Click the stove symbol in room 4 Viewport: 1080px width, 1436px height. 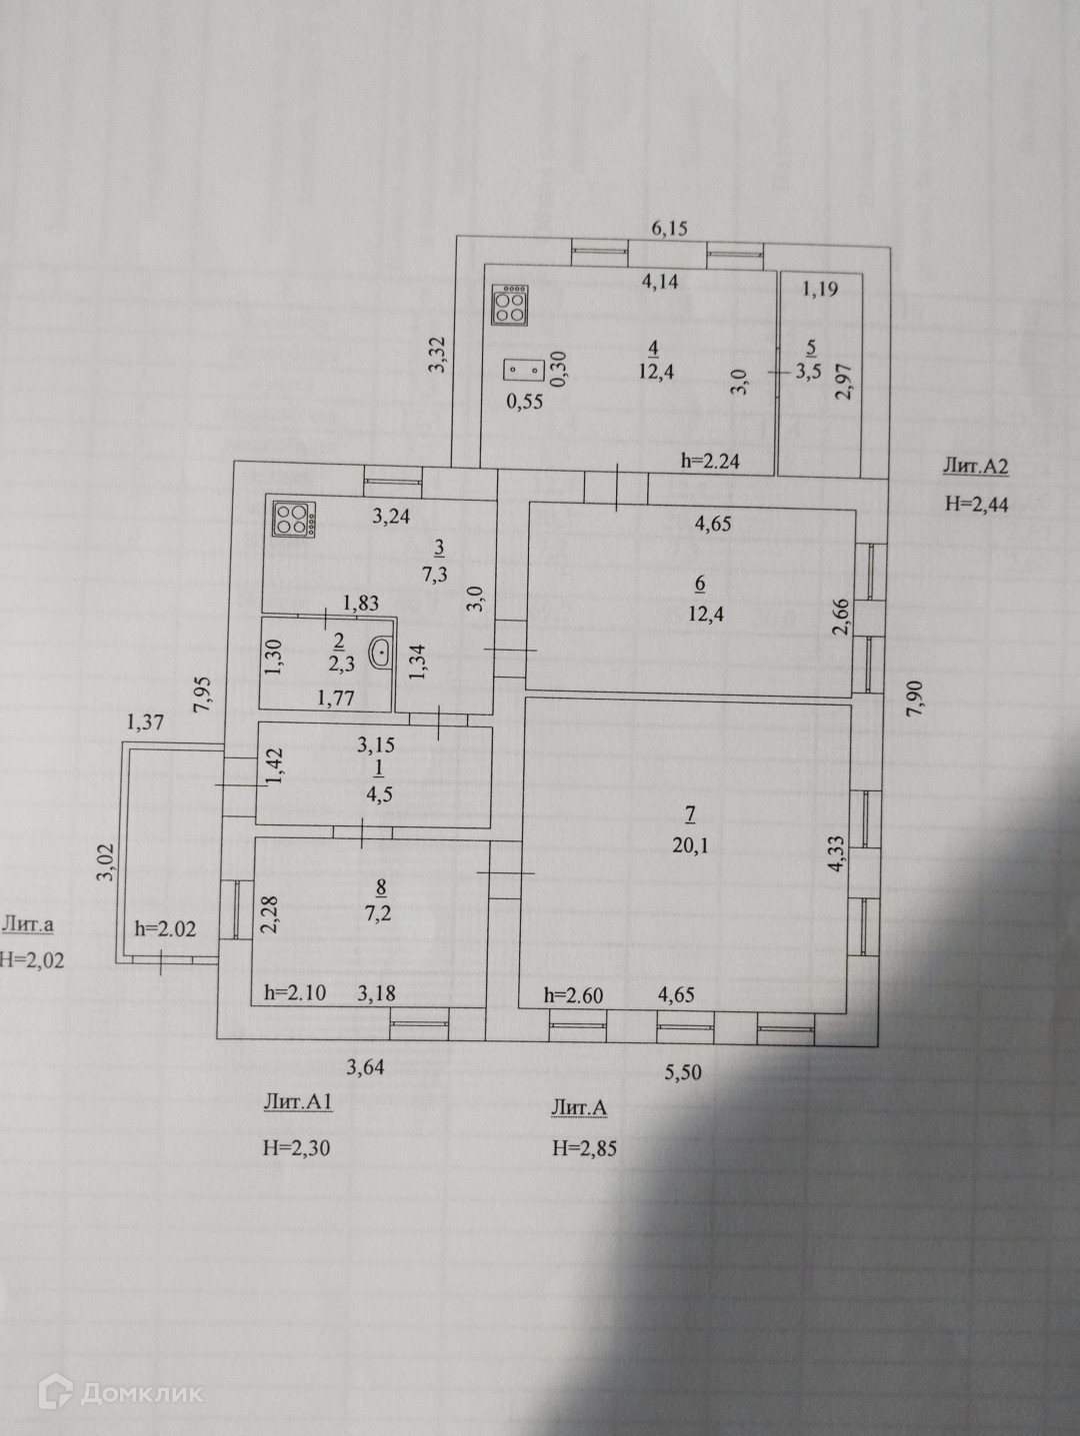click(510, 307)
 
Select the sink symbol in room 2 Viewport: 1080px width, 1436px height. click(381, 654)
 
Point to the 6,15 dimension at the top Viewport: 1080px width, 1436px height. click(670, 228)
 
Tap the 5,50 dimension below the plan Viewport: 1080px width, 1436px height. click(683, 1073)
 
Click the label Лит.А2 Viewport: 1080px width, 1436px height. click(975, 466)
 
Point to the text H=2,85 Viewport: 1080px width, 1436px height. click(585, 1148)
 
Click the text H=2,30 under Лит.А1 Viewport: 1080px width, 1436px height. click(296, 1148)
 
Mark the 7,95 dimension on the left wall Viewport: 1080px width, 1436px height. click(204, 694)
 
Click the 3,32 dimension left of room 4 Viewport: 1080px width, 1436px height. click(437, 356)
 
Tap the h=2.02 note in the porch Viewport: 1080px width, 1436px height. click(165, 928)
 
